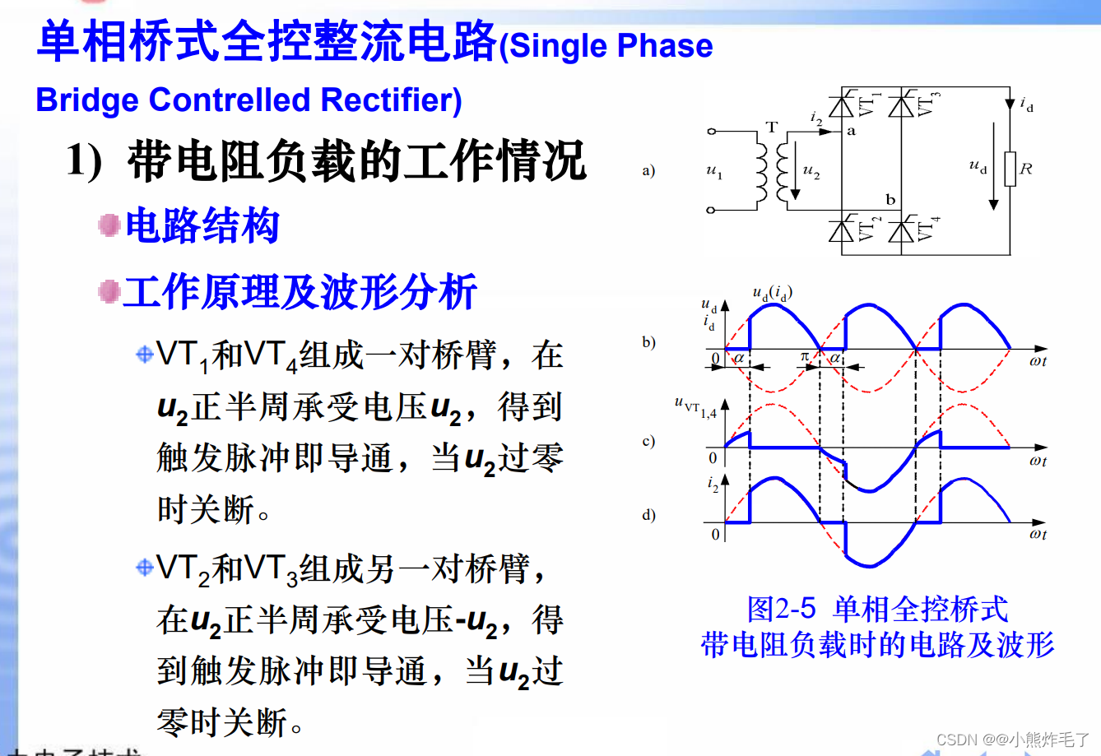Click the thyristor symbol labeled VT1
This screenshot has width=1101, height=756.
click(841, 106)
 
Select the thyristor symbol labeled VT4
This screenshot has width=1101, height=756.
click(902, 230)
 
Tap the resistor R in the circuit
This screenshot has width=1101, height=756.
click(1010, 169)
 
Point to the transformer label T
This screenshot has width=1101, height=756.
click(771, 128)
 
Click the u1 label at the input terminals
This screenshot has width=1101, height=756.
click(714, 171)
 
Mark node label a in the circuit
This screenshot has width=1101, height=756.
click(851, 131)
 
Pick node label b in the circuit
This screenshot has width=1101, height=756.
click(890, 200)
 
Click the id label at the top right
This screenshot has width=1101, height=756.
click(1026, 104)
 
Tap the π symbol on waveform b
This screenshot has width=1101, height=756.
click(805, 356)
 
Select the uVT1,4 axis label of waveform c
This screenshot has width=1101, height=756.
click(695, 406)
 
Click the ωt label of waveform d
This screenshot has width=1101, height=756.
click(1038, 535)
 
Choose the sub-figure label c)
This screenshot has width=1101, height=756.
click(648, 441)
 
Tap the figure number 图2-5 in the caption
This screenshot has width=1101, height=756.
click(781, 609)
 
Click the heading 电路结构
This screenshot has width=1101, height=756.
click(202, 226)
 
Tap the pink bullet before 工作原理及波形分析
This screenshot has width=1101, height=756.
click(109, 291)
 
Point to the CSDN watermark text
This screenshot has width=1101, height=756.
click(1012, 739)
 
